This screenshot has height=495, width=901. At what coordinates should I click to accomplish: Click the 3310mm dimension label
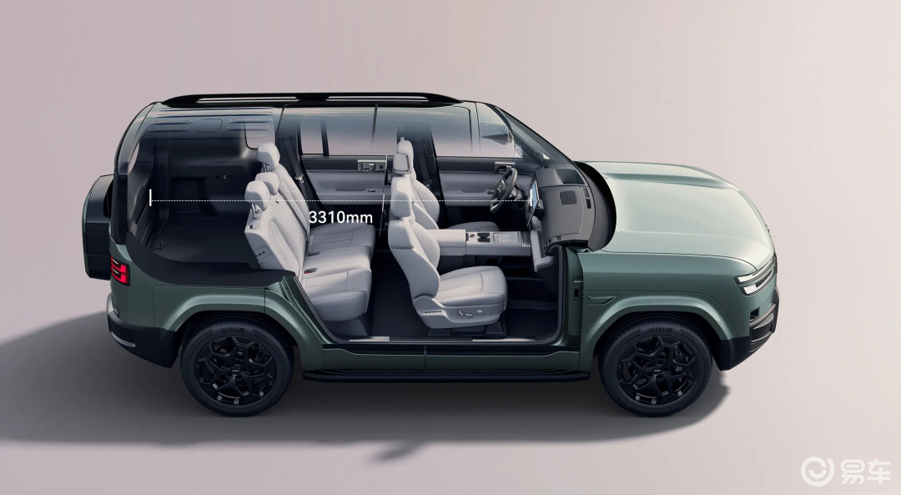(340, 217)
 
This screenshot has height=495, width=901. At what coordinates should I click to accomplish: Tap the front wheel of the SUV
(655, 366)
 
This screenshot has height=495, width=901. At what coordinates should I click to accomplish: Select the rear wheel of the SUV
(237, 366)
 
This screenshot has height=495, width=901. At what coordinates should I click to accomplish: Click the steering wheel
(503, 189)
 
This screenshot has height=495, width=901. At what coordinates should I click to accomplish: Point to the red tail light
(119, 270)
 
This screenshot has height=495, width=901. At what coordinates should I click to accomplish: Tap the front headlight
(756, 278)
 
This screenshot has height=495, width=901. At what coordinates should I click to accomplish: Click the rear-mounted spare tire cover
(97, 227)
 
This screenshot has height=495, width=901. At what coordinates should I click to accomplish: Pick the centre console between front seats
(488, 240)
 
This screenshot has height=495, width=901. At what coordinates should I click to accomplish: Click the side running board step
(445, 376)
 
